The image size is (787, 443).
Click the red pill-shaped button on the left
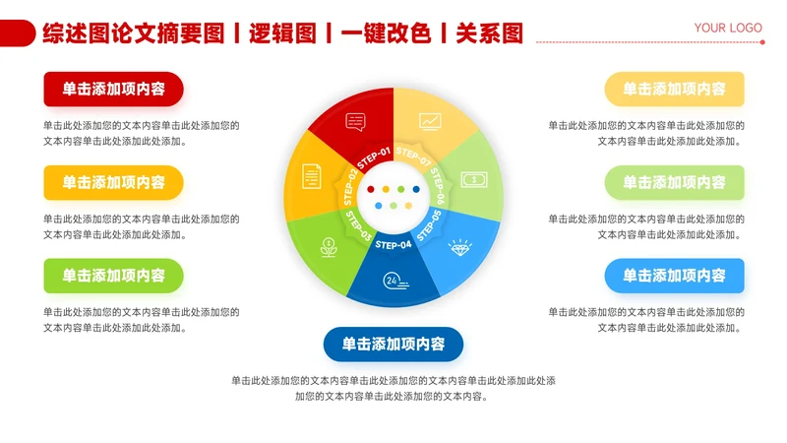[x=113, y=89]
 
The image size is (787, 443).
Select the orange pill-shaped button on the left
[x=113, y=182]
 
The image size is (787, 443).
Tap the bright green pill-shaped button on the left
[x=113, y=276]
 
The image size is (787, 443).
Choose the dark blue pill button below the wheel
[x=393, y=345]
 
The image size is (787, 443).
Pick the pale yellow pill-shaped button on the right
[x=674, y=89]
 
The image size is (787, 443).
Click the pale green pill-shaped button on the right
[x=674, y=182]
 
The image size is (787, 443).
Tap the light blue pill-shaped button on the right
[x=674, y=276]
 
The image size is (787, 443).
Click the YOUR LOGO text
[x=728, y=28]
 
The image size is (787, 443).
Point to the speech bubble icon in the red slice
[x=355, y=122]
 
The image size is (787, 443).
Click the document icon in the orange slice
[x=312, y=176]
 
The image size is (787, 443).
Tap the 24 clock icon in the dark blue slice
[x=394, y=280]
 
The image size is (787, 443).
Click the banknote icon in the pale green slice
[x=474, y=179]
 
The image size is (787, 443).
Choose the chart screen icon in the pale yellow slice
[x=430, y=121]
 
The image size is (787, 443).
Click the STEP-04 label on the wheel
[x=393, y=245]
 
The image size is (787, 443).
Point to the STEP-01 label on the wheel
[x=374, y=158]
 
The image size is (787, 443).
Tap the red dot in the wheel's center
[x=370, y=188]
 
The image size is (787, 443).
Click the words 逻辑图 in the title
[x=282, y=34]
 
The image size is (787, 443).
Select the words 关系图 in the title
[x=489, y=34]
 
